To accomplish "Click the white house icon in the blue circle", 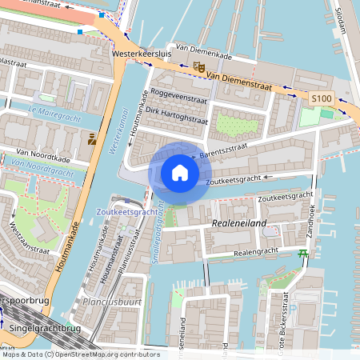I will coord(179,172).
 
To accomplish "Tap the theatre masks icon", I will coord(198,69).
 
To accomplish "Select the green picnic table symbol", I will coord(302,254).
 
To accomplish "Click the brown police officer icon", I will coord(93,139).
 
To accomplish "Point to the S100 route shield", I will coord(321,98).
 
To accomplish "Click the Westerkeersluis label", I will coord(143,54).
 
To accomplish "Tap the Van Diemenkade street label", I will coord(202,47).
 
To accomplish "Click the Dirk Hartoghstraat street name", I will coord(177,118).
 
